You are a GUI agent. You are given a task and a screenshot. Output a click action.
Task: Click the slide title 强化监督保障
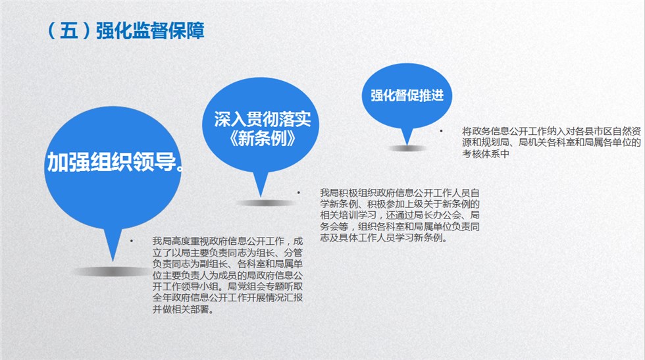150,31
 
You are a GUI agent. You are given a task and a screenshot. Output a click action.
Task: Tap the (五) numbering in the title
68,31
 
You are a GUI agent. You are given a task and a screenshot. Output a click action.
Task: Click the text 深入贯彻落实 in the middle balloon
262,119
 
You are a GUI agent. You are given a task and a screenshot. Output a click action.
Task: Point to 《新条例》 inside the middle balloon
262,139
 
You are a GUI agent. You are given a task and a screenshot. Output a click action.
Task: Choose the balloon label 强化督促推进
407,95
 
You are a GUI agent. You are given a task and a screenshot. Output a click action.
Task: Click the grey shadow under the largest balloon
112,272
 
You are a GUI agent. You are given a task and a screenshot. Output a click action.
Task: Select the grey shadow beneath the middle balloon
266,203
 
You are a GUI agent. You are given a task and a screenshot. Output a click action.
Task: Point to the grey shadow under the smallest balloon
408,149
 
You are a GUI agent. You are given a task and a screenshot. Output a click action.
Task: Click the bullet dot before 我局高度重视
132,241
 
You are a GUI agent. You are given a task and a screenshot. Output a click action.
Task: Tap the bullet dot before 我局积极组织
299,192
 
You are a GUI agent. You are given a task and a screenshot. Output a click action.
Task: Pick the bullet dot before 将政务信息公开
441,131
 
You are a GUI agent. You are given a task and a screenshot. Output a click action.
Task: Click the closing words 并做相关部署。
184,309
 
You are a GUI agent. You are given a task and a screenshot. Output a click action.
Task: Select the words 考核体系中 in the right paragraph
486,153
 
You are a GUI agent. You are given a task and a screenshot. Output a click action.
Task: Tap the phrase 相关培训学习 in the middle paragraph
348,215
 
